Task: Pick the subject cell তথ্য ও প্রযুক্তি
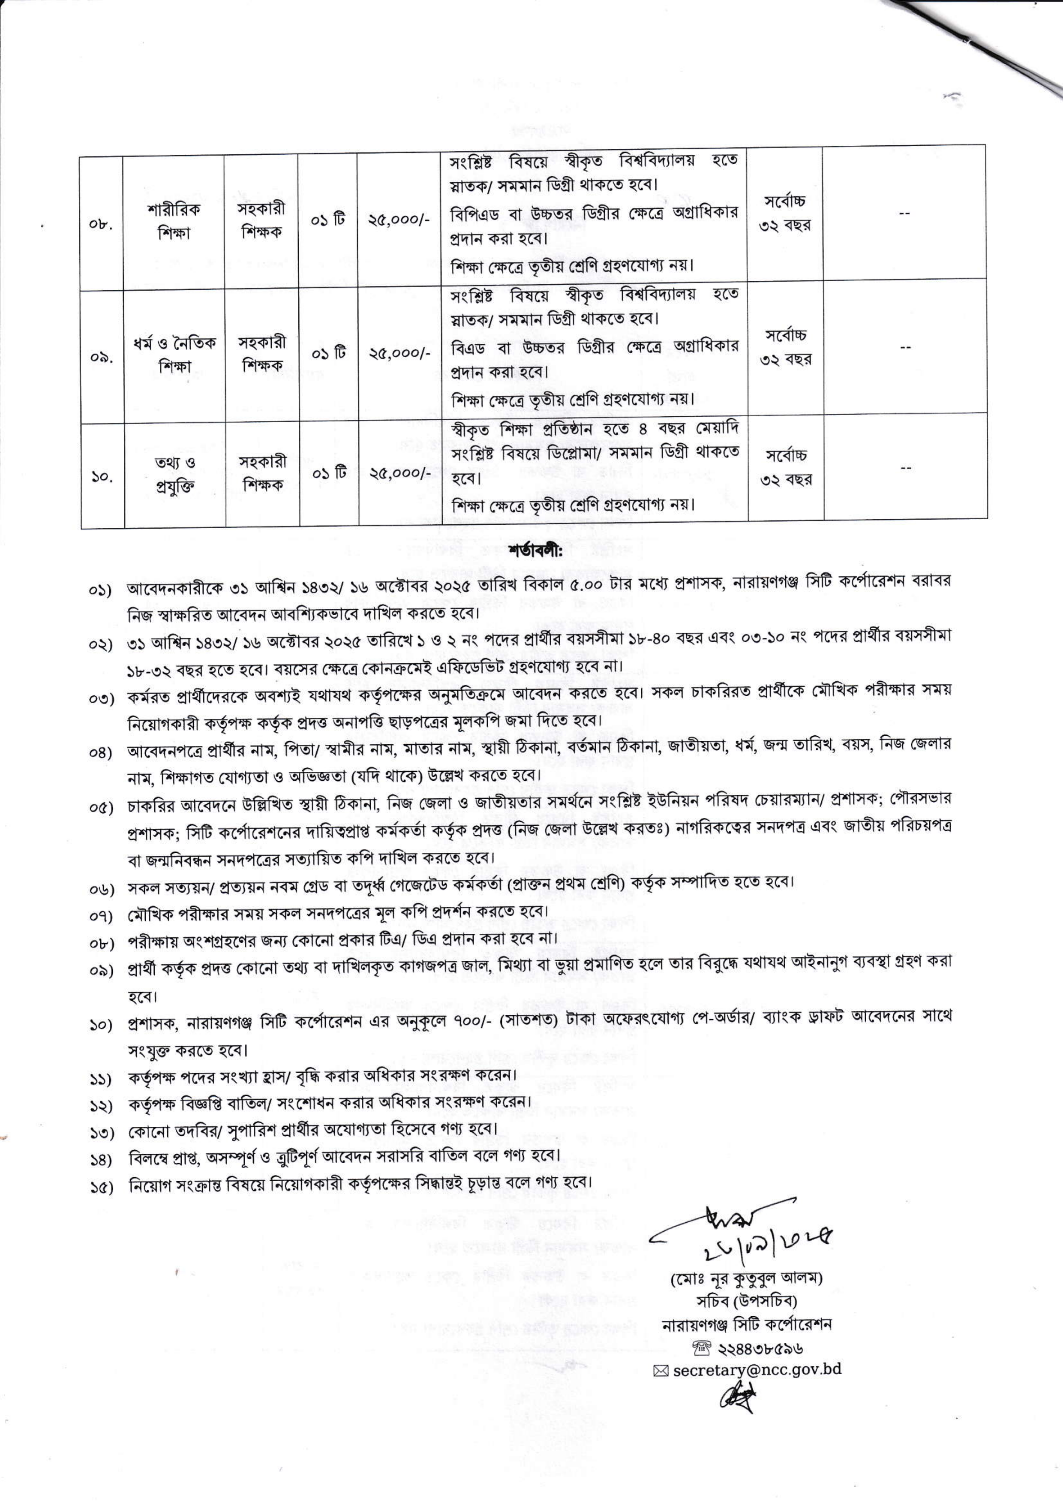[x=174, y=474]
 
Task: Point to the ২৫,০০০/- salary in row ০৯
[x=399, y=354]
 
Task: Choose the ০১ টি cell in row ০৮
[x=328, y=221]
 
